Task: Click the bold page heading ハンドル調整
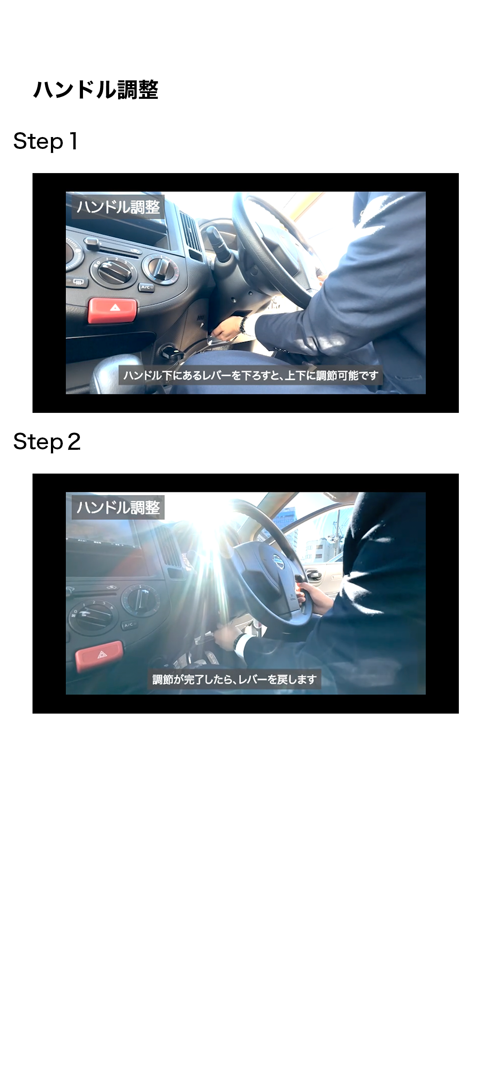[x=96, y=90]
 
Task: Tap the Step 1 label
[x=46, y=141]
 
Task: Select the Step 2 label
[x=47, y=442]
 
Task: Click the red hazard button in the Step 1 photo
[x=112, y=310]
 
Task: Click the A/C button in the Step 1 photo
[x=146, y=287]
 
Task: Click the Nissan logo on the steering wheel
[x=278, y=561]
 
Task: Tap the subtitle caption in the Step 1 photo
[x=251, y=376]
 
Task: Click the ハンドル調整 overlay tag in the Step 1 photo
[x=118, y=207]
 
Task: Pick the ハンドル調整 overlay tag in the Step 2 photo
[x=118, y=507]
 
